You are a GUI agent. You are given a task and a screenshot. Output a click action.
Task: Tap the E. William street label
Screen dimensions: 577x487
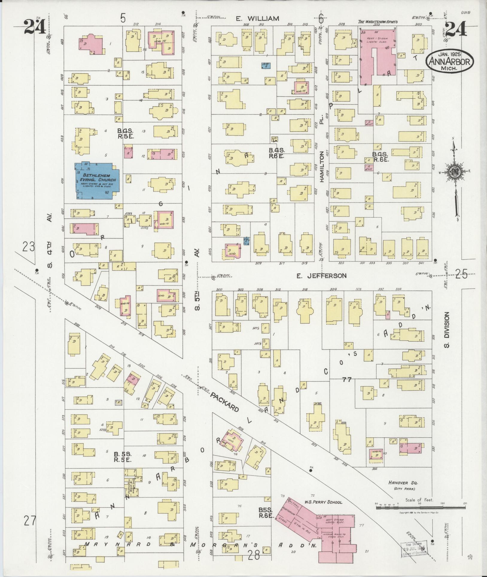(x=257, y=19)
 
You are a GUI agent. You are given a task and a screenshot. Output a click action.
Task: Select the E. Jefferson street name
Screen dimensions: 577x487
(x=321, y=276)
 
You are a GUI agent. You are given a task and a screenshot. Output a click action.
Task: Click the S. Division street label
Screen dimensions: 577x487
(x=447, y=329)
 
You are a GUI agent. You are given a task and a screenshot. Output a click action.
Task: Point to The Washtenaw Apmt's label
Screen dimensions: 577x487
(x=378, y=22)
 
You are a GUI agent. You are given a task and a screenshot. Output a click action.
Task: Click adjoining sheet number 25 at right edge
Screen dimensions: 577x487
(x=461, y=274)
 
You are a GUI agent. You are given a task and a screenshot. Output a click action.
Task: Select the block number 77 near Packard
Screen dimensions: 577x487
(x=347, y=380)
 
